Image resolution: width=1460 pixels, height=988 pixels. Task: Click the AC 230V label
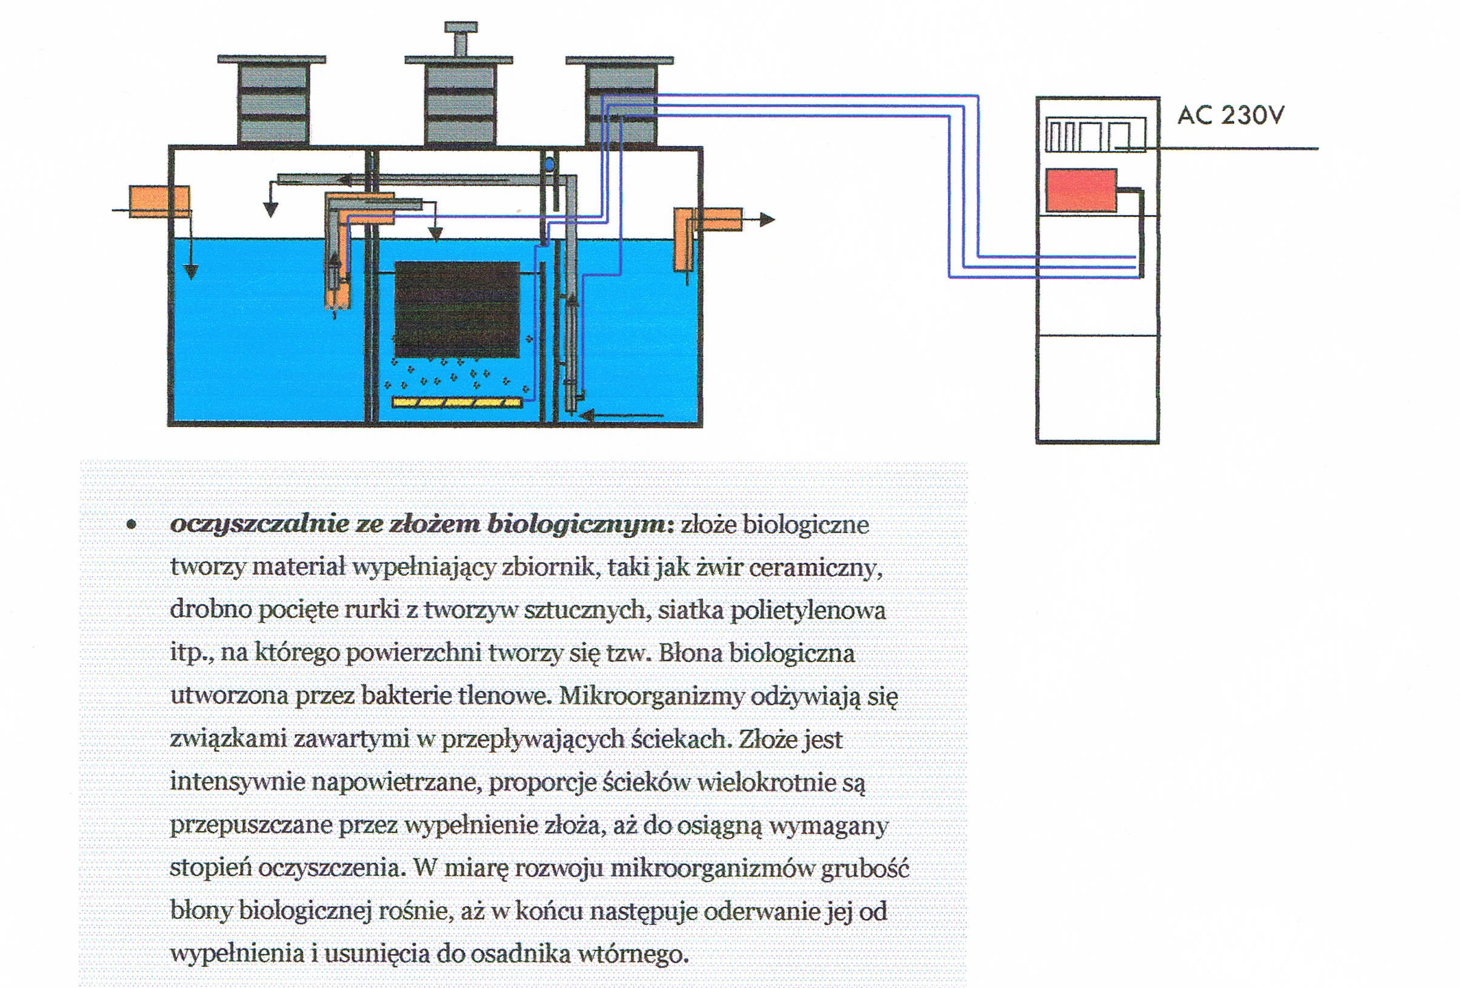click(1230, 115)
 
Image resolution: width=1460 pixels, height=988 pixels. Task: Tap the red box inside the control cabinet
click(1081, 190)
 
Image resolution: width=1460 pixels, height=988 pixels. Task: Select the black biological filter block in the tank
click(457, 308)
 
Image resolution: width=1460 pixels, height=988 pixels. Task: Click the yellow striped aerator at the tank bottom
click(457, 402)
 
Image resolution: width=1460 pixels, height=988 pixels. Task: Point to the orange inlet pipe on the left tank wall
click(159, 201)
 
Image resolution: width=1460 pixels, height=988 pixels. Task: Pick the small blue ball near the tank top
click(549, 165)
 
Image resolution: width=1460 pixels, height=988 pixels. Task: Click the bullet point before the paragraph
click(131, 525)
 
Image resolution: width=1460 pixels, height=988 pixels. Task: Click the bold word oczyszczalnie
click(259, 525)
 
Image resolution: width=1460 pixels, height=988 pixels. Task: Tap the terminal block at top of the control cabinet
click(1095, 135)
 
